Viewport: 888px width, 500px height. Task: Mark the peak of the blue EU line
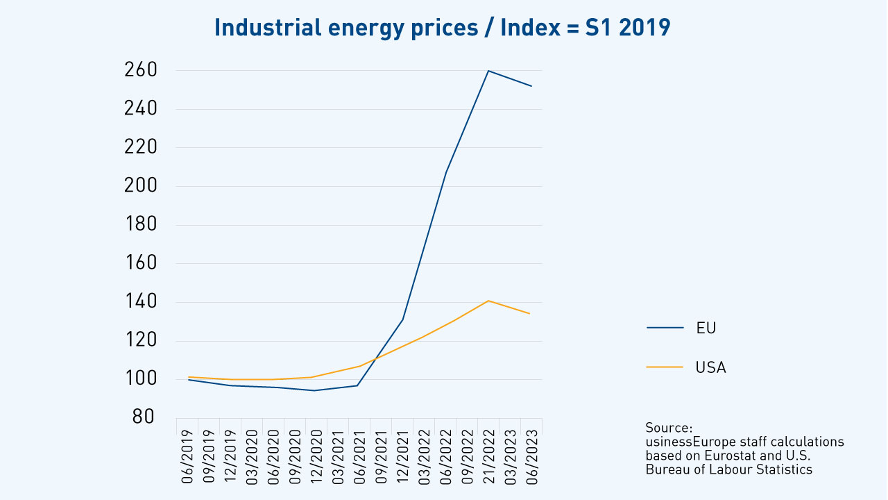tap(488, 71)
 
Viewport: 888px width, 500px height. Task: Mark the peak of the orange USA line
tap(488, 301)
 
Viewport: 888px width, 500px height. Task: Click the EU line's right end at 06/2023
tap(531, 86)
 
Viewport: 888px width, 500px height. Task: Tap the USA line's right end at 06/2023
tap(531, 314)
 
